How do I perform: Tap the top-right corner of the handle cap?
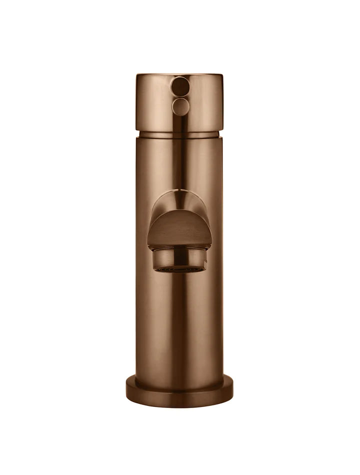(x=221, y=76)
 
